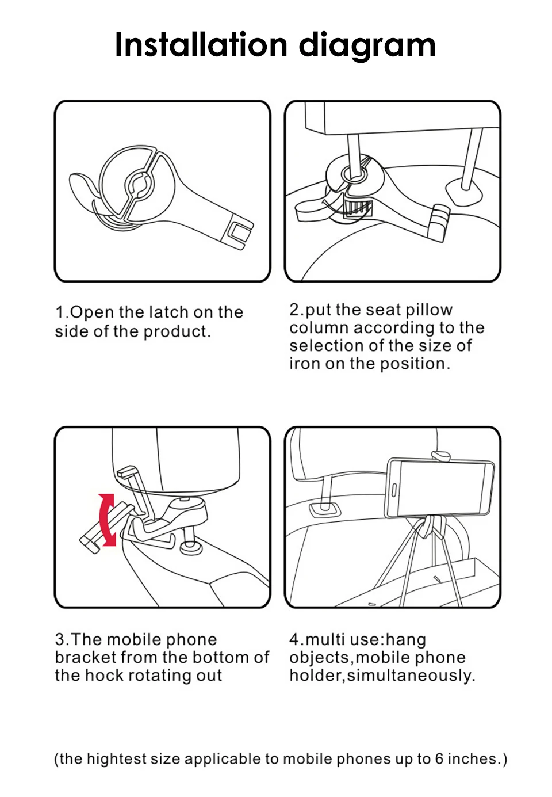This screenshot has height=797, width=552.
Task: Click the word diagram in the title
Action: point(367,46)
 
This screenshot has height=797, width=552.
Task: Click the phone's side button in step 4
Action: point(394,490)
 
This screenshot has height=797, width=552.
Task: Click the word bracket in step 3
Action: point(85,657)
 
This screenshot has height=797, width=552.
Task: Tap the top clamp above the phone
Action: point(440,456)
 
